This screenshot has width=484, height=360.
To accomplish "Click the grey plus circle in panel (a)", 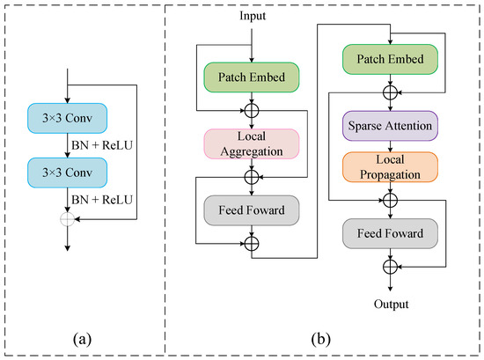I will click(68, 217).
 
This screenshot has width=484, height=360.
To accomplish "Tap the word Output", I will click(390, 305).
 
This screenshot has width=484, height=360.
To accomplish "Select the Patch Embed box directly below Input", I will click(253, 75).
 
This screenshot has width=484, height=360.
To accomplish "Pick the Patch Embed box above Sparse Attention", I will click(390, 61).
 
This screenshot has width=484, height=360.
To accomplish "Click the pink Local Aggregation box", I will click(253, 144).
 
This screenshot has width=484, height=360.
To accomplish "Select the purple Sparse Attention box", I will click(390, 127).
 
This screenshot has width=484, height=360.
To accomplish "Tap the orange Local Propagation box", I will click(390, 166).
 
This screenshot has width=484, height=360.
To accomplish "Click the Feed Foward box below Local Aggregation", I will click(253, 210).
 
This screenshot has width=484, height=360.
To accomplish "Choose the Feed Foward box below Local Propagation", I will click(390, 235).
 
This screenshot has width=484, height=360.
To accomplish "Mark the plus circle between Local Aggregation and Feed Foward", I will click(253, 177).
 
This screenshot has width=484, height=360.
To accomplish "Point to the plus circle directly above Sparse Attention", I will click(390, 92).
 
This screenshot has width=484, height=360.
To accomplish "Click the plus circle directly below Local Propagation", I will click(390, 200).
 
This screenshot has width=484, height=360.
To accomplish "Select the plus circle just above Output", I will click(390, 267).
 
